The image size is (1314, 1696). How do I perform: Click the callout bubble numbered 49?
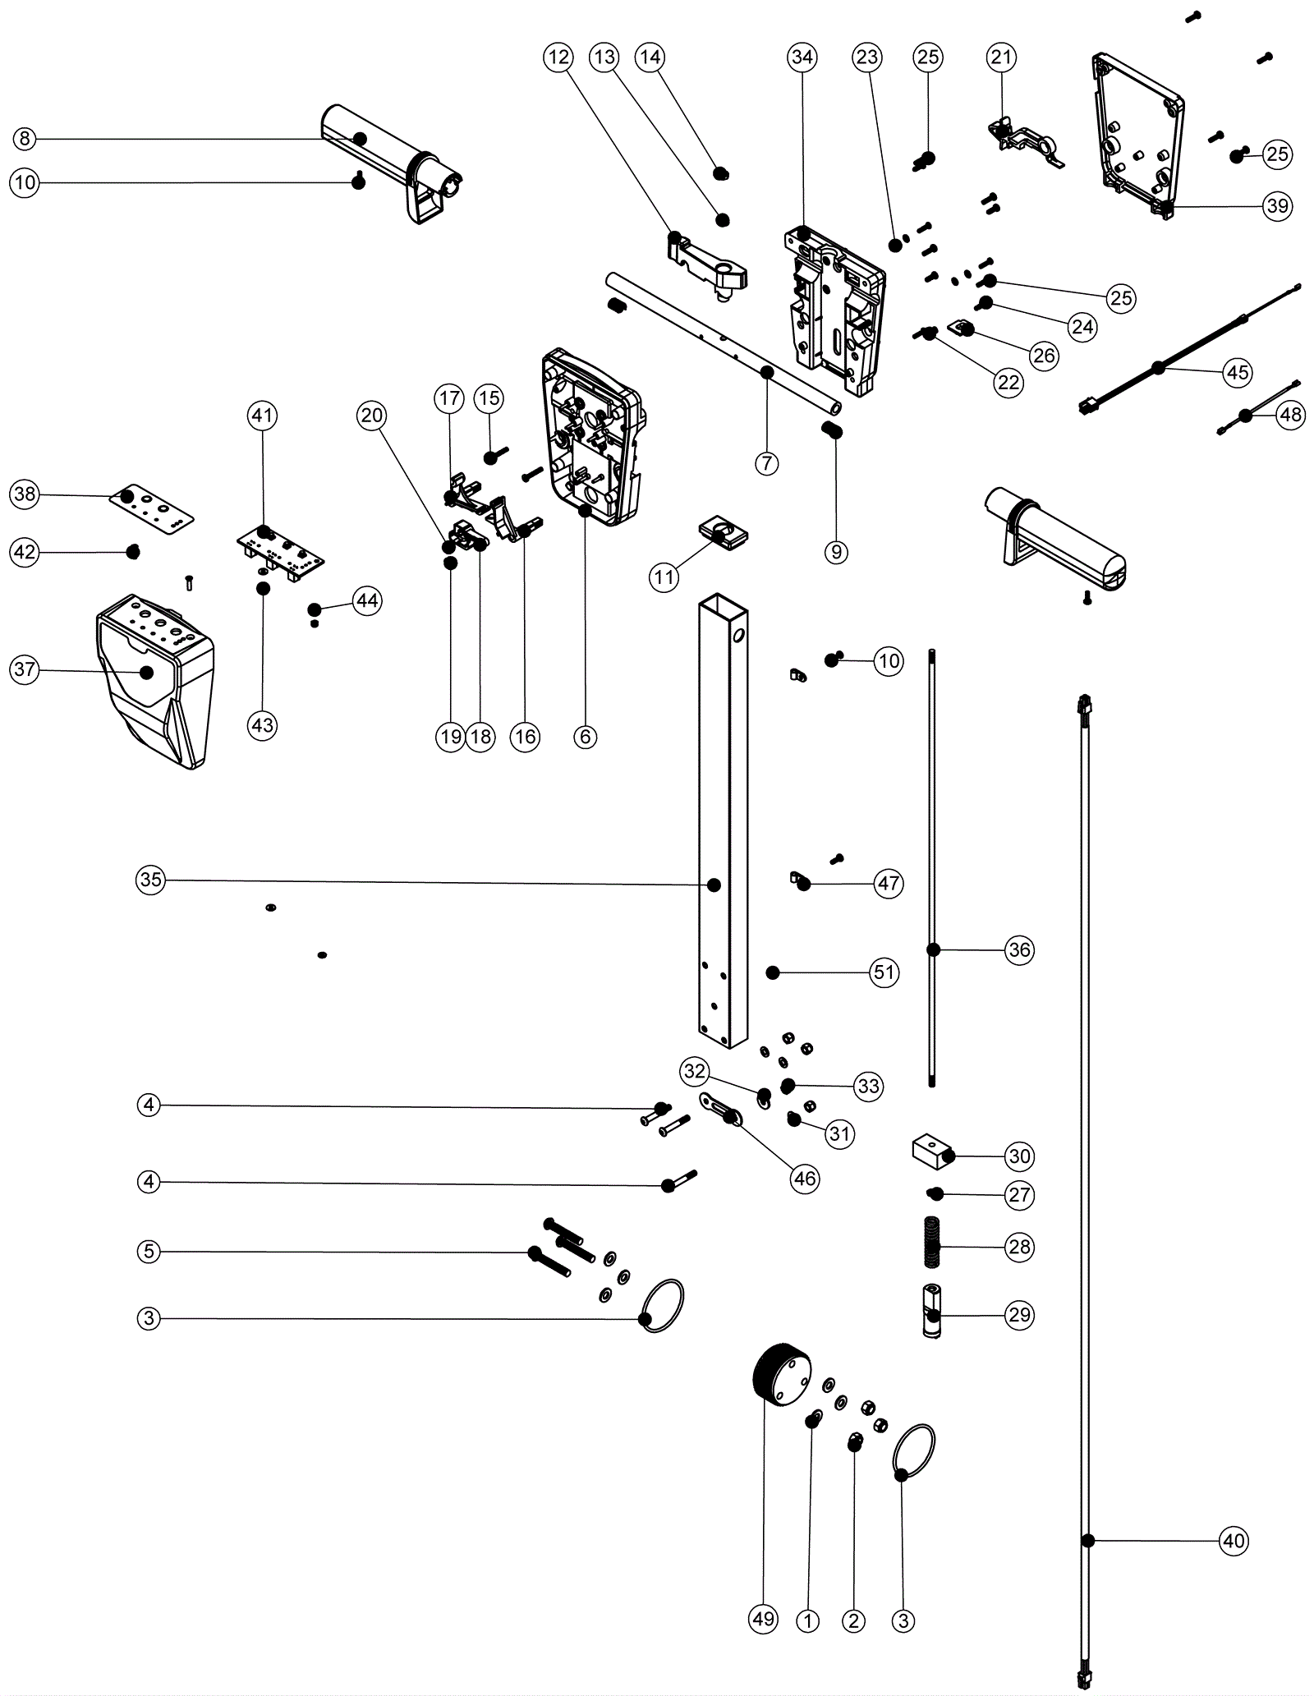pyautogui.click(x=763, y=1619)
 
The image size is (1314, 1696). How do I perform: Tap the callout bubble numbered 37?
pyautogui.click(x=25, y=669)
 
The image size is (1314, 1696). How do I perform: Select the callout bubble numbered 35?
pyautogui.click(x=150, y=880)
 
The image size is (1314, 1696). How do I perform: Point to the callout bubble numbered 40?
pyautogui.click(x=1234, y=1541)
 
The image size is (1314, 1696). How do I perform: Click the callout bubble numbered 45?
pyautogui.click(x=1237, y=372)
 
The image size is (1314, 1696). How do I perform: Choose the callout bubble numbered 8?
pyautogui.click(x=25, y=139)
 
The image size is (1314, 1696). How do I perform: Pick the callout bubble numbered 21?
pyautogui.click(x=1000, y=57)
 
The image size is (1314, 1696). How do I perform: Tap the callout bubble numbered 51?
pyautogui.click(x=884, y=972)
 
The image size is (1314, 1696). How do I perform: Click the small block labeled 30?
pyautogui.click(x=931, y=1151)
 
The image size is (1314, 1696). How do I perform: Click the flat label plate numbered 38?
pyautogui.click(x=153, y=507)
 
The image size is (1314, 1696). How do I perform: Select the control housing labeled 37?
pyautogui.click(x=156, y=682)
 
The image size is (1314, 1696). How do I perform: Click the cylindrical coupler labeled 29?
pyautogui.click(x=931, y=1312)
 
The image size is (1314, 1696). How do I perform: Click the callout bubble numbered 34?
pyautogui.click(x=802, y=57)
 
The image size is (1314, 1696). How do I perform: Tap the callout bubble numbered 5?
pyautogui.click(x=149, y=1252)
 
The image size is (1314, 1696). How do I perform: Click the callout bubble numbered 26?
pyautogui.click(x=1044, y=356)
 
